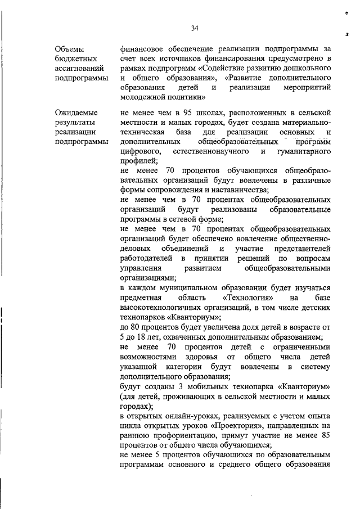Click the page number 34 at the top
195,28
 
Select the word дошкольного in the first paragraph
307,68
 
